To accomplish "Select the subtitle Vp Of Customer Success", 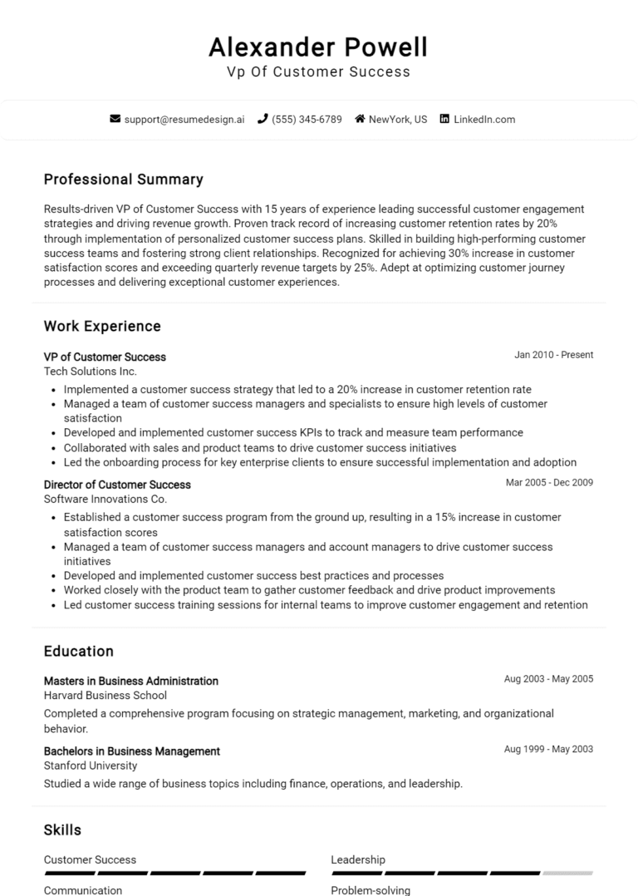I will coord(319,71).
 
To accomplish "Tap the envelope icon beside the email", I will coord(115,119).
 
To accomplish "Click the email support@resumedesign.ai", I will coord(184,119).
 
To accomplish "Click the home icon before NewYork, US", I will coord(360,119).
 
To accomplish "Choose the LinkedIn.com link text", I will coord(484,119).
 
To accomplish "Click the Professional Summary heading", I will coord(123,180).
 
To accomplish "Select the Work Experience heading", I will coord(102,326).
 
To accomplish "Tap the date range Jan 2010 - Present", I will coord(553,355).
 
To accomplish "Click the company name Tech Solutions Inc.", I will coord(91,372).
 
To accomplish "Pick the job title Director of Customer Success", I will coord(117,485).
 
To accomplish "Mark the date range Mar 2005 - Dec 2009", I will coord(549,482).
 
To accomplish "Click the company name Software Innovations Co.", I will coord(106,500).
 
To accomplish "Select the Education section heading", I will coord(79,651).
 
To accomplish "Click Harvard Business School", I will coord(106,696).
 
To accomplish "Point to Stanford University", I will coord(91,766).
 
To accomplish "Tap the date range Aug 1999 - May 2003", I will coord(548,749).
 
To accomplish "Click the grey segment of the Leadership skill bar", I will coord(567,874).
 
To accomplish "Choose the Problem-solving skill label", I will coord(371,890).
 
